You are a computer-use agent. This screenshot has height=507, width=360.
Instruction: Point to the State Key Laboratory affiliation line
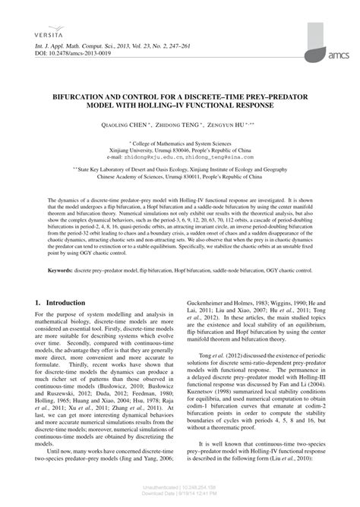tap(182, 171)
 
